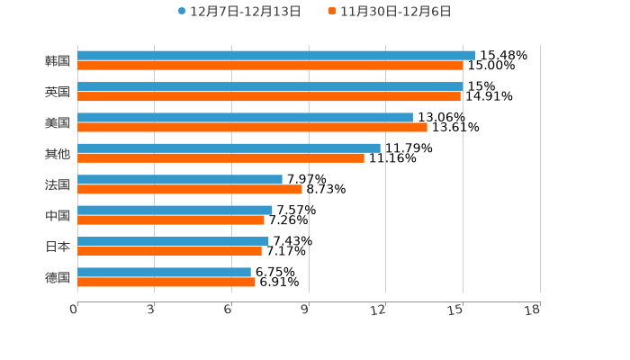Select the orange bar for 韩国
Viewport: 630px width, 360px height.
coord(270,66)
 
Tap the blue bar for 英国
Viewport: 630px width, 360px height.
coord(270,86)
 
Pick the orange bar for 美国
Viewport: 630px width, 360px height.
coord(252,127)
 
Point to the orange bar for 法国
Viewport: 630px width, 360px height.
coord(190,189)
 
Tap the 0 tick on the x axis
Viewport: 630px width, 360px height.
coord(75,310)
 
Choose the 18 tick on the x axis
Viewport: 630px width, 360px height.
coord(533,310)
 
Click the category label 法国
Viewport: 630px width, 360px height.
coord(58,184)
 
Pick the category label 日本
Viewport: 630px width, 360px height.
coord(58,247)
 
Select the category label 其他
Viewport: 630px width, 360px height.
coord(58,153)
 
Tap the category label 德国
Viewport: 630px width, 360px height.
coord(58,277)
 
